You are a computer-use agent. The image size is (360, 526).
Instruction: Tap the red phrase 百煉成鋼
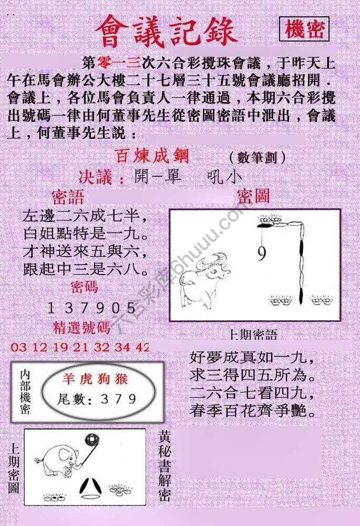point(152,156)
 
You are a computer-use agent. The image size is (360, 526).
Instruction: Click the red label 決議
point(101,177)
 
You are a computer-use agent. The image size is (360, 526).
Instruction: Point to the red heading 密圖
point(253,196)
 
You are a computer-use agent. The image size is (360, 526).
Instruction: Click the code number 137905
point(91,308)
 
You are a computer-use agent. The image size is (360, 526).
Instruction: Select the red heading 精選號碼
point(82,328)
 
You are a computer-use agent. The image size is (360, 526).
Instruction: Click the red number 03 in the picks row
point(18,348)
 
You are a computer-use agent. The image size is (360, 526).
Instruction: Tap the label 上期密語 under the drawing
point(253,335)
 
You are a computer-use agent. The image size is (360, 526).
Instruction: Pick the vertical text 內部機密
point(25,392)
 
